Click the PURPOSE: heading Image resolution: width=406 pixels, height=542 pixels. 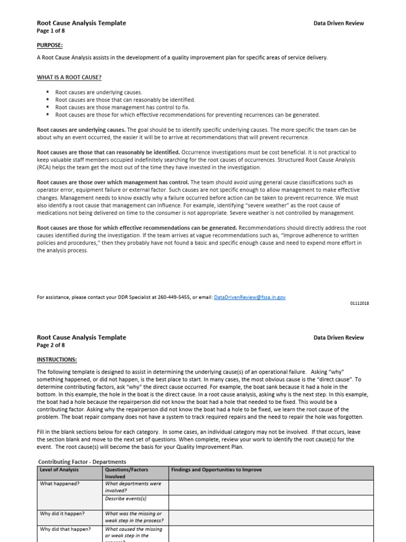[x=50, y=46]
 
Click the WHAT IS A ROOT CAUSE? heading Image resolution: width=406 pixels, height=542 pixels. [x=69, y=77]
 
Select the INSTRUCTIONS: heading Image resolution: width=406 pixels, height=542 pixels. [x=57, y=359]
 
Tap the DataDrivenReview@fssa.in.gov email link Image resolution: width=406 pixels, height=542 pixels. [x=250, y=297]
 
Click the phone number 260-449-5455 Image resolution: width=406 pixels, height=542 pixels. [x=167, y=297]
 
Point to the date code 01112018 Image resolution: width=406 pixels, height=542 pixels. [x=359, y=303]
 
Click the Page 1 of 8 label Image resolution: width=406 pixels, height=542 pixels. [x=51, y=30]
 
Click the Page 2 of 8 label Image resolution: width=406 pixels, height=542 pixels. [x=51, y=345]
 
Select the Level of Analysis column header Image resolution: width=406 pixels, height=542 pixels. [x=59, y=470]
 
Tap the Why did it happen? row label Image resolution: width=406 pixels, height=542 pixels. [x=62, y=513]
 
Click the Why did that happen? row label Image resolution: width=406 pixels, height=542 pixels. [x=65, y=529]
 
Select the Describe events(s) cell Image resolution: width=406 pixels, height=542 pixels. [x=125, y=499]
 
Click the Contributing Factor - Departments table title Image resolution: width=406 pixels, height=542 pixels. [x=83, y=462]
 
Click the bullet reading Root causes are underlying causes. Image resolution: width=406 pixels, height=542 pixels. [x=98, y=92]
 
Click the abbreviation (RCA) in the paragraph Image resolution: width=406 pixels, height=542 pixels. [x=44, y=167]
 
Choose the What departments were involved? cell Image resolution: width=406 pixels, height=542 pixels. [x=133, y=487]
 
